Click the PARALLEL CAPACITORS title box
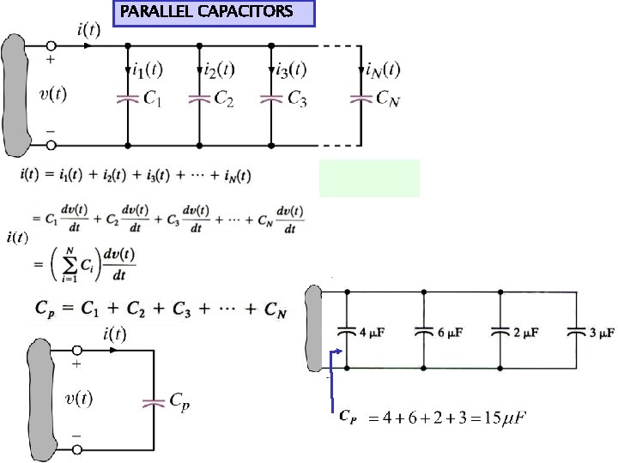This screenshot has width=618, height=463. pos(215,13)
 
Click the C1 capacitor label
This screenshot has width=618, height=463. pos(153,100)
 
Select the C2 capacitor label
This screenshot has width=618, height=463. pos(224,100)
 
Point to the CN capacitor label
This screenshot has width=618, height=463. pos(389,100)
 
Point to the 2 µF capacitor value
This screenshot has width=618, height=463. pos(526,331)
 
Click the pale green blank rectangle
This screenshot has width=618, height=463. pos(369,177)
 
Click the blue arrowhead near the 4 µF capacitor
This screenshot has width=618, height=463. pos(342,351)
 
